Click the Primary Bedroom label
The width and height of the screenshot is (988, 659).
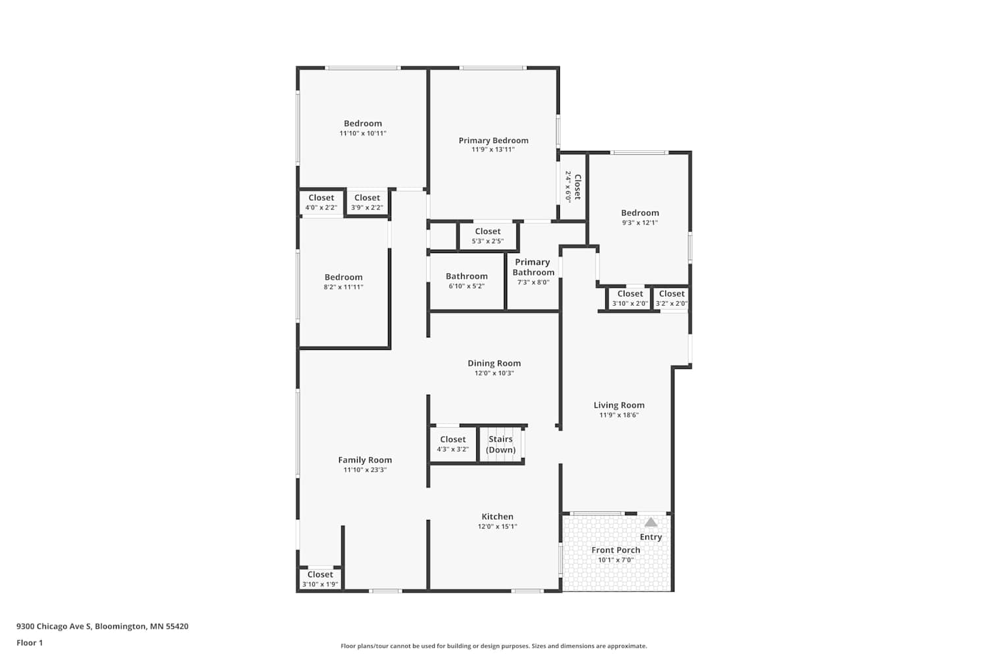[493, 140]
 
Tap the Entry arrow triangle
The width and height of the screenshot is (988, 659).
[651, 523]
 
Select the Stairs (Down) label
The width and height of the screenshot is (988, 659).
[501, 444]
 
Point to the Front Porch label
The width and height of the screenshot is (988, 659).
[616, 550]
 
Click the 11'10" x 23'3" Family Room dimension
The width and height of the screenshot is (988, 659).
[365, 470]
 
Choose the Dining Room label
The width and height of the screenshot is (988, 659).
[494, 363]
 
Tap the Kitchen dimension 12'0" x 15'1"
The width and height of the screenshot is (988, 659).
[497, 526]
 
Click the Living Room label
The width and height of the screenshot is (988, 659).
[619, 405]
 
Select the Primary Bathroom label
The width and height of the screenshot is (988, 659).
[534, 267]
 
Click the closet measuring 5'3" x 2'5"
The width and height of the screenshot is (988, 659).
[487, 236]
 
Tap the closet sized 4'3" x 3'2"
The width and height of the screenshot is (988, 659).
[453, 444]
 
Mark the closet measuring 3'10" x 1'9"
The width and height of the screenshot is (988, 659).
[320, 579]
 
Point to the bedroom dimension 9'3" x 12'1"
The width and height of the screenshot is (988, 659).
[640, 223]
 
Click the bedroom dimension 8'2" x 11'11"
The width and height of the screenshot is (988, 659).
[344, 287]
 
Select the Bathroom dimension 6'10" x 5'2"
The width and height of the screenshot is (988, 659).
[466, 286]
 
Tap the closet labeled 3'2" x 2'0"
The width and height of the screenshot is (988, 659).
[671, 299]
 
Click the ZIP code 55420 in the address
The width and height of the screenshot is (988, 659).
[177, 626]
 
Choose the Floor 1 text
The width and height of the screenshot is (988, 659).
[30, 643]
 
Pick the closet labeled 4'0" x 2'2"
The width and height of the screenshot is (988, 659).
[321, 202]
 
